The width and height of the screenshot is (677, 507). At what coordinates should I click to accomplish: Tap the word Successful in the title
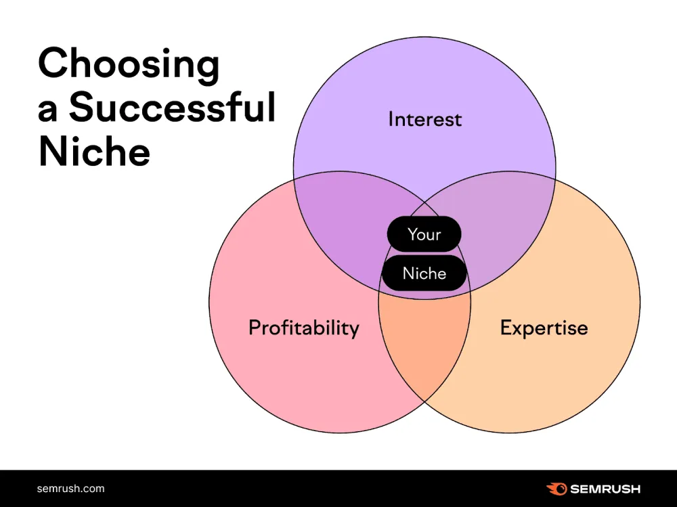click(x=173, y=109)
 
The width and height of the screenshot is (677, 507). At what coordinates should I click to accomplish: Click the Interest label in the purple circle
click(x=424, y=120)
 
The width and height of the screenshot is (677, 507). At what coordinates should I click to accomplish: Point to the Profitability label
click(x=303, y=328)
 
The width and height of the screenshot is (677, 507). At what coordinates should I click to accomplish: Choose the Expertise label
click(x=544, y=328)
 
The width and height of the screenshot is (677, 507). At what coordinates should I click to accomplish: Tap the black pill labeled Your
click(x=424, y=234)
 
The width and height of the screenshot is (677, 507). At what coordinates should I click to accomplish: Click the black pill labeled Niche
click(x=424, y=273)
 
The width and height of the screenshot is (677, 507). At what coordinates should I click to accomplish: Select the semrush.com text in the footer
click(x=71, y=488)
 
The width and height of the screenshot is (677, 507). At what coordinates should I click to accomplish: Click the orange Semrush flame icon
click(x=556, y=488)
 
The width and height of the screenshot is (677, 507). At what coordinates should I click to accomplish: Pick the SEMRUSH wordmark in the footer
click(x=605, y=489)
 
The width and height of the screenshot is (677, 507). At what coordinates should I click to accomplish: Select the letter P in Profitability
click(x=255, y=328)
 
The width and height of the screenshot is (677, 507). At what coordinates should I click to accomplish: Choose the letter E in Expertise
click(x=506, y=328)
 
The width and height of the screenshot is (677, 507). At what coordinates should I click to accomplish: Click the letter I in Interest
click(x=391, y=120)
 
